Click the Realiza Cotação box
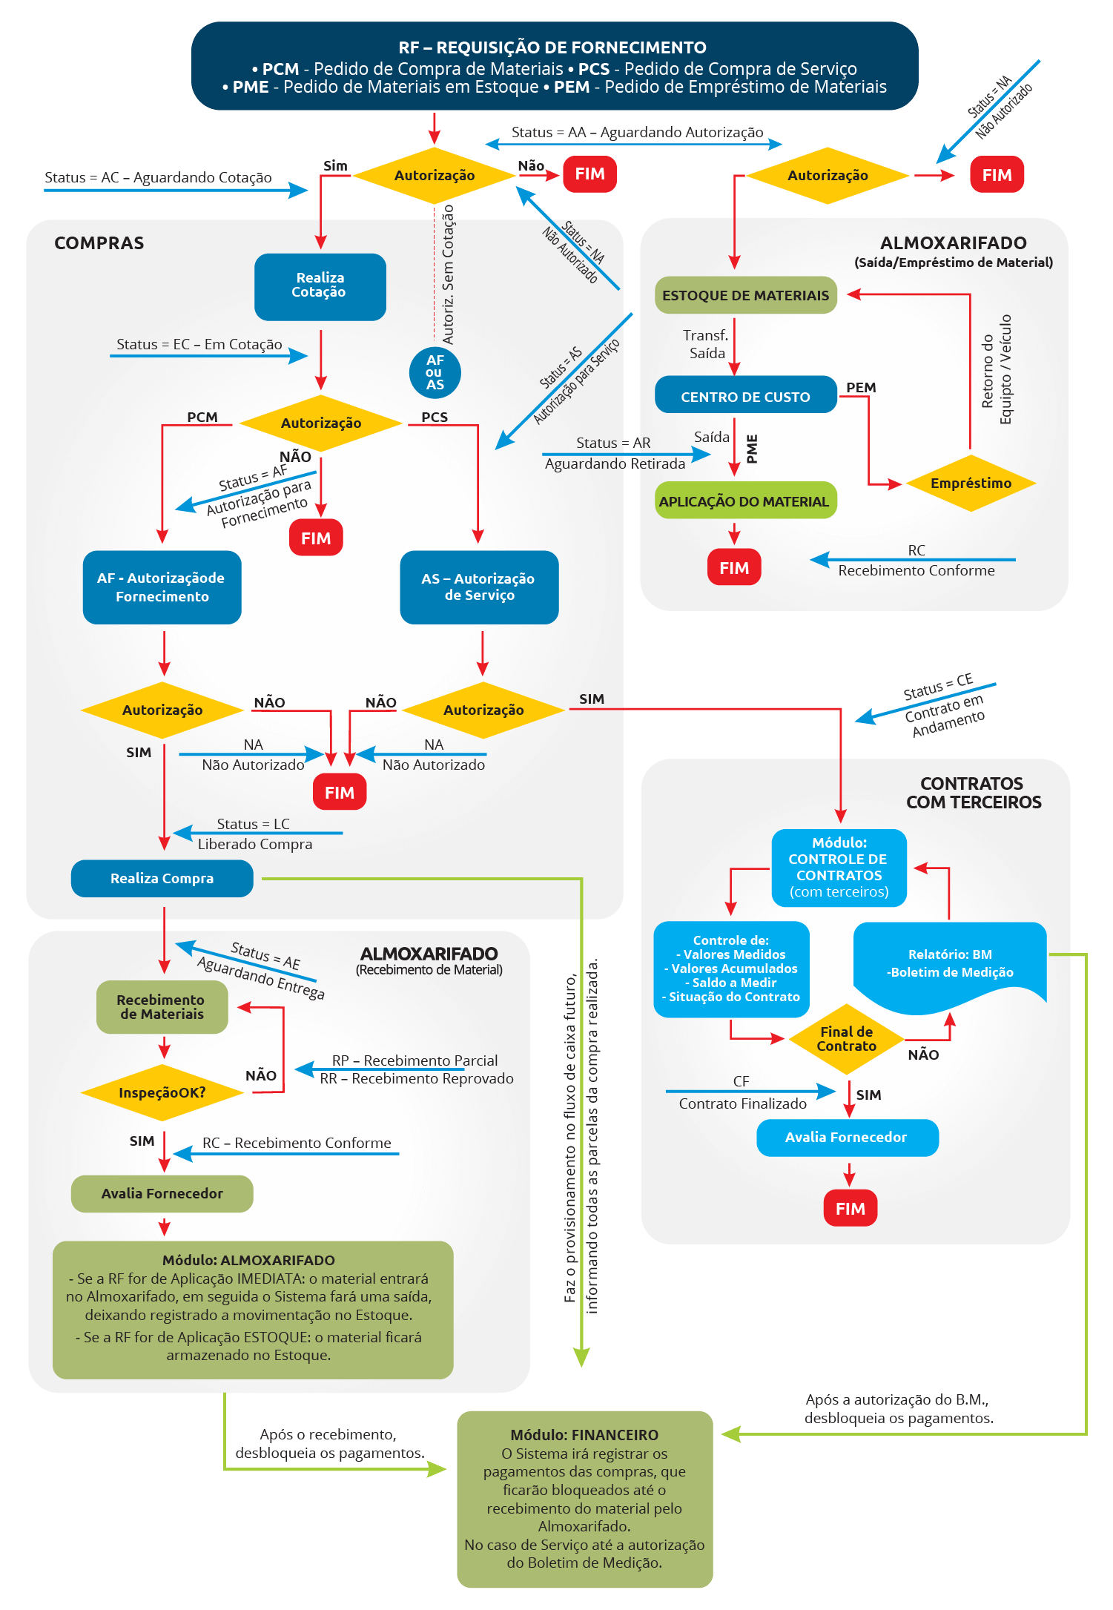point(320,287)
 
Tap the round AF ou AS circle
point(435,372)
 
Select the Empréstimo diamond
point(971,484)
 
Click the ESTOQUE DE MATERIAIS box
point(745,295)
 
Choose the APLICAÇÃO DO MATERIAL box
point(744,501)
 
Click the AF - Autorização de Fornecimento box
point(162,587)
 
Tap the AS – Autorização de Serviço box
point(479,587)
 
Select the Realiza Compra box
point(162,879)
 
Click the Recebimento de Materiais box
point(162,1007)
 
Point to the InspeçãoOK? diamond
point(162,1093)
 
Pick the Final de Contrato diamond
point(846,1039)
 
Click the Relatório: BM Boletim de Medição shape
point(950,965)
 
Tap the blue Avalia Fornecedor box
point(848,1138)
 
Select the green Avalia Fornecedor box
point(162,1194)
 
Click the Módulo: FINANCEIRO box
point(585,1499)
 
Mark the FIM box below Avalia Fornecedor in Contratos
point(851,1208)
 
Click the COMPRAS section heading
point(99,243)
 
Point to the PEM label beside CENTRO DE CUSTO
point(861,388)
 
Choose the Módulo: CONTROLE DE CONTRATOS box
point(839,868)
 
